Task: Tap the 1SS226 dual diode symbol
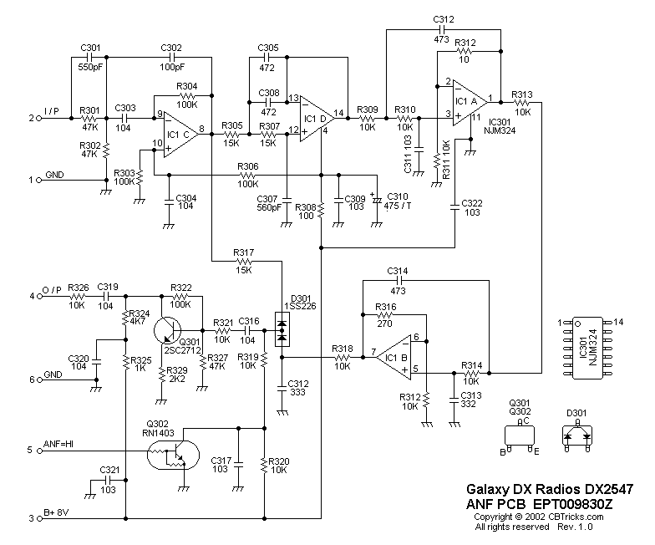click(282, 332)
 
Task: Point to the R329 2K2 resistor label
click(177, 374)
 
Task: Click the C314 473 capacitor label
click(398, 276)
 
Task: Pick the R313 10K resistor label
click(522, 99)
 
